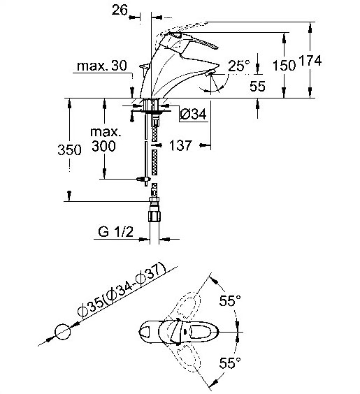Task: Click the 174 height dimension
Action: (310, 61)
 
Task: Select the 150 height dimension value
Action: (284, 66)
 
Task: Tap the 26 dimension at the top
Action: (120, 10)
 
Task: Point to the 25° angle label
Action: (239, 66)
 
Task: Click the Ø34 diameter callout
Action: (193, 114)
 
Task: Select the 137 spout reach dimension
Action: (180, 145)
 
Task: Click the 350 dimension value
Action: (69, 150)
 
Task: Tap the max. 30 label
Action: (101, 66)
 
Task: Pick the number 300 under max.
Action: (103, 146)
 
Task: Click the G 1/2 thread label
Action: (115, 232)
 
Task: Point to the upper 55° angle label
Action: (230, 300)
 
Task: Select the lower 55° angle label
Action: (230, 363)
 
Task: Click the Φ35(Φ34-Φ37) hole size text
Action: (122, 290)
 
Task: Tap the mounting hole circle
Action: (63, 332)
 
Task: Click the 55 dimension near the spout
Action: (257, 86)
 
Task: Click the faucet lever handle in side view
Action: (191, 41)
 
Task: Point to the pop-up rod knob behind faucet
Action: (145, 67)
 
